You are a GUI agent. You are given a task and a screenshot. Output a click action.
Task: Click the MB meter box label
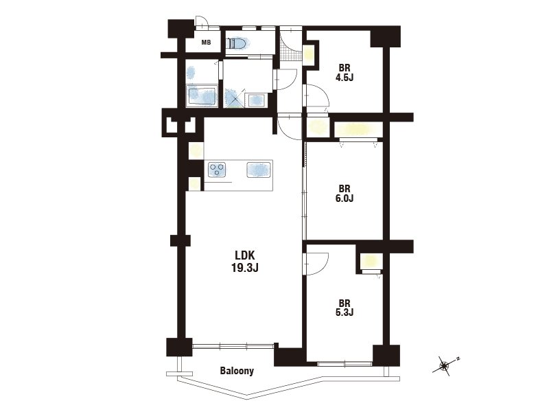tap(206, 43)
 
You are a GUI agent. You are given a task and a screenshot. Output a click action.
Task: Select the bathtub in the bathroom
tap(202, 95)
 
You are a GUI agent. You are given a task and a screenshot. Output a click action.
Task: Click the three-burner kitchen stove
tap(217, 170)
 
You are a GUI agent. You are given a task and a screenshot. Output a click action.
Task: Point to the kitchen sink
tap(259, 170)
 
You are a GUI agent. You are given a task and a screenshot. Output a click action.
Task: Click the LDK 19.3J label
tap(245, 262)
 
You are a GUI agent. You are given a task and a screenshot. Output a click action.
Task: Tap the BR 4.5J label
tap(344, 73)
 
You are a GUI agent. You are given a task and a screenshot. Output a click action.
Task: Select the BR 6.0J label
tap(344, 194)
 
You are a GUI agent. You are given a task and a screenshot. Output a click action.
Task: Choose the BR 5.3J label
tap(344, 308)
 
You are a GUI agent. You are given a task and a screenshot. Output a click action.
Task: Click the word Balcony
tap(237, 371)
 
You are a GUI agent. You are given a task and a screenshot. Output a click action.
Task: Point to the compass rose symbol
tap(445, 366)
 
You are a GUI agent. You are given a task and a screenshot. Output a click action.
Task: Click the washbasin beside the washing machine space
tap(257, 100)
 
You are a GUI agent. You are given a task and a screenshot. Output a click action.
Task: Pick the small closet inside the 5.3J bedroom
tap(370, 261)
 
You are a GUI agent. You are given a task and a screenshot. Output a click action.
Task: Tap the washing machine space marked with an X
tap(233, 98)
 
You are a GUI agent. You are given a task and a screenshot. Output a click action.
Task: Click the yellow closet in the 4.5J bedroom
tap(309, 55)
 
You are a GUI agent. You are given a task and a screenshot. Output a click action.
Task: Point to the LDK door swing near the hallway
tap(289, 127)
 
